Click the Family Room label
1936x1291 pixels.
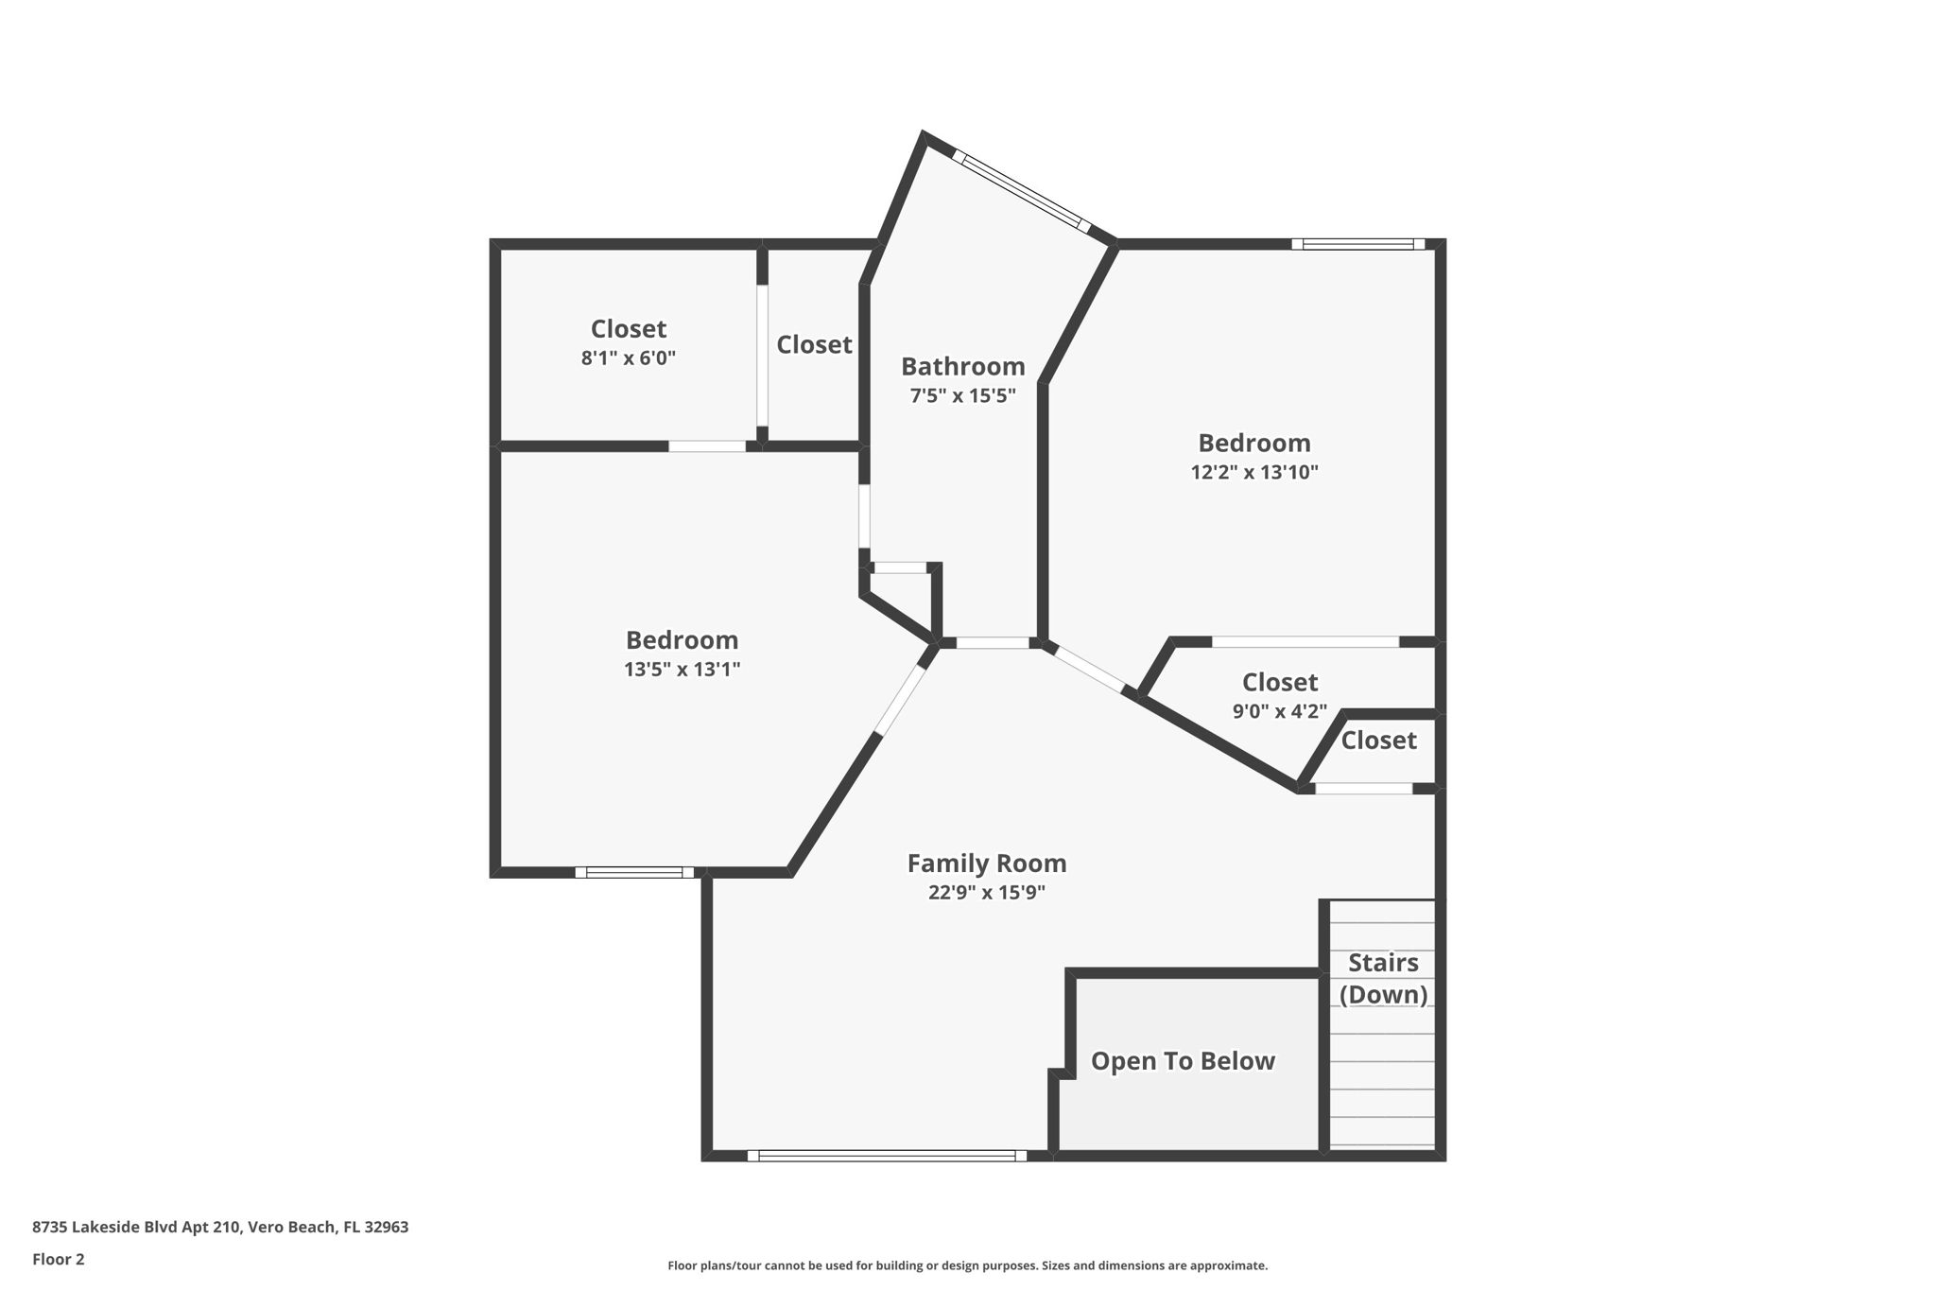tap(986, 863)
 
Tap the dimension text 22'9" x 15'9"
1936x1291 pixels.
tap(986, 892)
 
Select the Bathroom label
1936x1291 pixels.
tap(962, 366)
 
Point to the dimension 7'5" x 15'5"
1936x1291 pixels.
tap(962, 395)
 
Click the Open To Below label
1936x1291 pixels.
tap(1183, 1061)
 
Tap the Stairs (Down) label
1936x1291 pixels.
tap(1383, 978)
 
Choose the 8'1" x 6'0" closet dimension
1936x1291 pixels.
tap(628, 358)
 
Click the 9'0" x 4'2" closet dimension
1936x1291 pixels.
tap(1279, 711)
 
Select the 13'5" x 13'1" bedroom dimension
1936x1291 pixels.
tap(682, 669)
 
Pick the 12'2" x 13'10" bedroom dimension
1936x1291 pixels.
tap(1253, 471)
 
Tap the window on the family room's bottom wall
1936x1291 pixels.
tap(887, 1155)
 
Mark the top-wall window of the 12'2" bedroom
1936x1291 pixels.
tap(1358, 244)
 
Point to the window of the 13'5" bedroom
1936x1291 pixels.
tap(634, 872)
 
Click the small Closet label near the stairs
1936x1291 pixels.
tap(1378, 740)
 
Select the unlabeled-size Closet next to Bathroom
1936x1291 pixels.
tap(814, 344)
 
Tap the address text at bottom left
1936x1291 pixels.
tap(220, 1227)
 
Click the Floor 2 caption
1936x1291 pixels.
tap(58, 1259)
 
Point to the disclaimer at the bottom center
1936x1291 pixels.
tap(967, 1265)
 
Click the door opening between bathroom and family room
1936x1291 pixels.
tap(992, 643)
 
